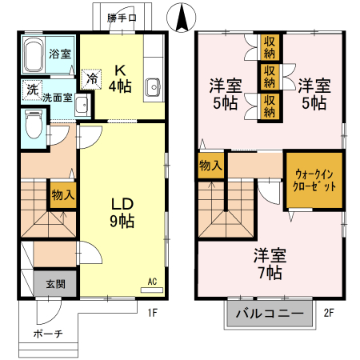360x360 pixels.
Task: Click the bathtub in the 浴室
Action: tap(34, 55)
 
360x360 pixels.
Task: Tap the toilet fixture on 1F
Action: tap(34, 124)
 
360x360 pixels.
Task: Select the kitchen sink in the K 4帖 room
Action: tap(154, 86)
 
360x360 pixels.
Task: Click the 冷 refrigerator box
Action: tap(93, 79)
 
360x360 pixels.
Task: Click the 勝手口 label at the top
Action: tap(122, 16)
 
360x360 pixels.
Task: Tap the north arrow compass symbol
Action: tap(182, 15)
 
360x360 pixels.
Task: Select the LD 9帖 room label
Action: tap(122, 213)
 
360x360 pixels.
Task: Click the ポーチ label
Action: tap(46, 333)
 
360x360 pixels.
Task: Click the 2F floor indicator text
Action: tap(328, 314)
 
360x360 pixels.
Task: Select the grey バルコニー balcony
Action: tap(270, 314)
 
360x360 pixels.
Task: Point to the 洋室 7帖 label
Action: tap(270, 264)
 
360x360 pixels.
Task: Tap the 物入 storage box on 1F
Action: tap(63, 194)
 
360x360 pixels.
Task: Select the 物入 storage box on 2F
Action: tap(211, 166)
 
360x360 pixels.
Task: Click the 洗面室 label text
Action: tap(58, 97)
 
